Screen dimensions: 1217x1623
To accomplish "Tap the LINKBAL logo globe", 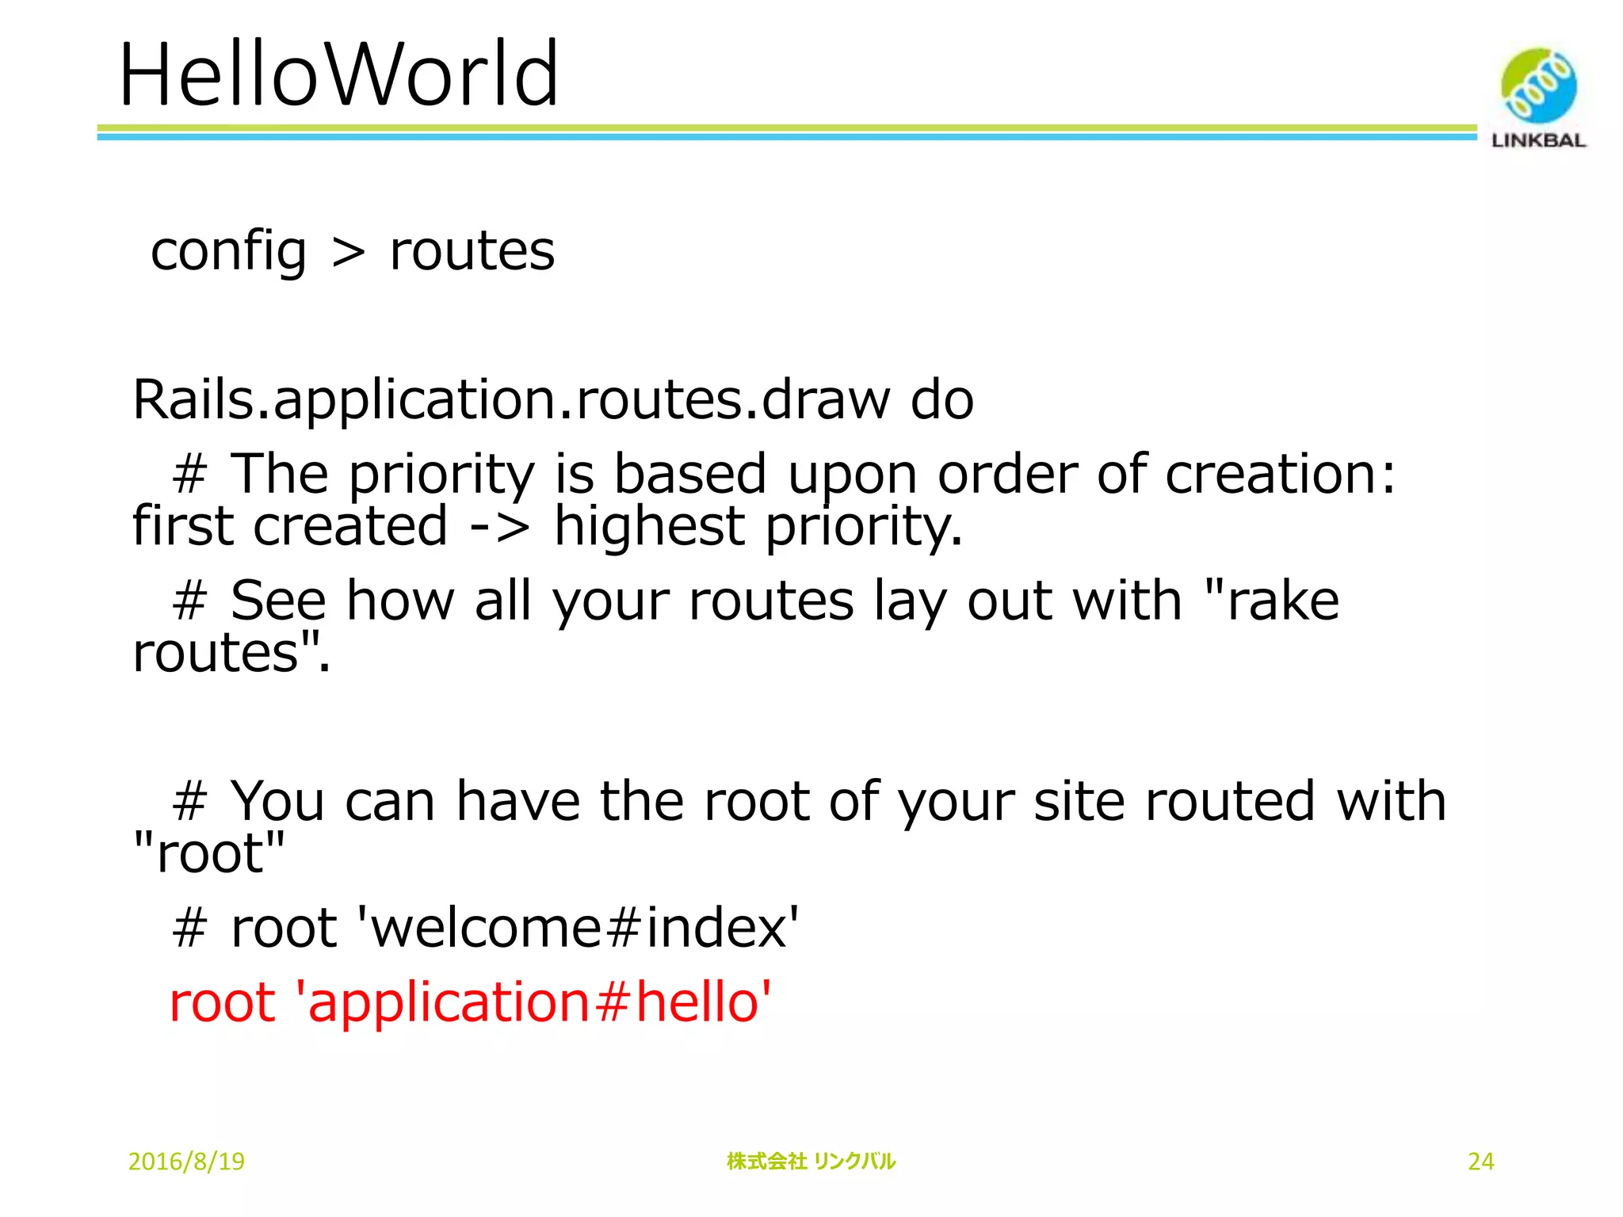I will (1538, 86).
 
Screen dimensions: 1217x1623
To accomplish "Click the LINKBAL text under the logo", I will (1538, 141).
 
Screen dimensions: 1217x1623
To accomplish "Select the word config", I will (228, 252).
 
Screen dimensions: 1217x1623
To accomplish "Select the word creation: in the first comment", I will (1280, 474).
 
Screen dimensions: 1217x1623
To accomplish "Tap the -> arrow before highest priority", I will (499, 527).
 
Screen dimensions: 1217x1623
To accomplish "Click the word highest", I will (649, 527).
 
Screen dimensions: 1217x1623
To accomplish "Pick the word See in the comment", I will (277, 600).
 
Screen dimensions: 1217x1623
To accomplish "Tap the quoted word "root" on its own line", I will (209, 853).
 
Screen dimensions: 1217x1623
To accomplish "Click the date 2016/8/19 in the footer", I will (186, 1162).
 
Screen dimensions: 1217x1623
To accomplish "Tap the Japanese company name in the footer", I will (811, 1162).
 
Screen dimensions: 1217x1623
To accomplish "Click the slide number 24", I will (1480, 1162).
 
